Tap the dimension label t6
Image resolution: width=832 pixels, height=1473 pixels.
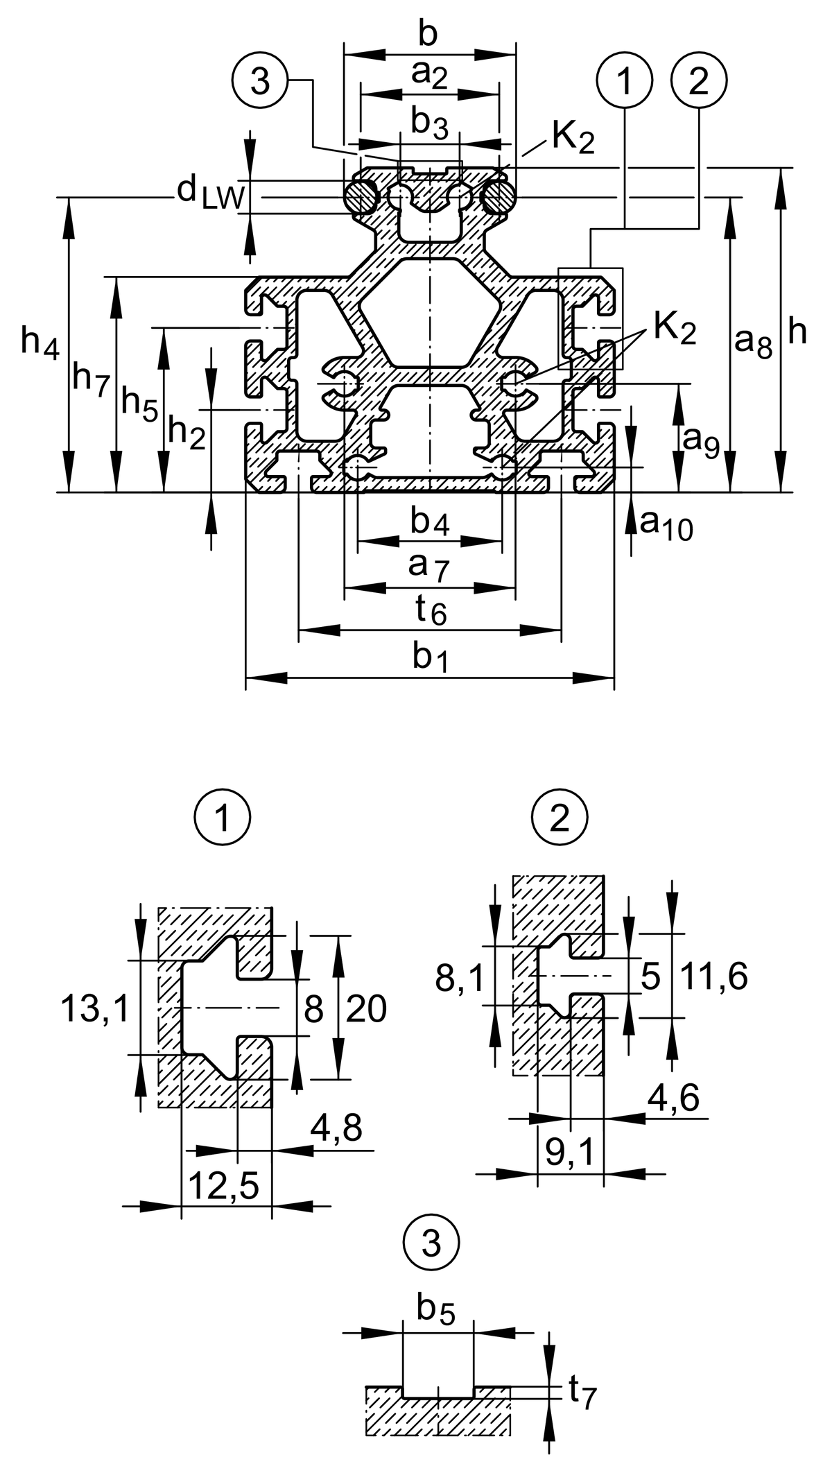point(431,610)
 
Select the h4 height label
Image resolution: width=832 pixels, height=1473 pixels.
point(39,341)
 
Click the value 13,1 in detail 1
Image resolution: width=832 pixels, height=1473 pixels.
point(96,1008)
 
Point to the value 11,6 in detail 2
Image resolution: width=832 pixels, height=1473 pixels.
point(713,977)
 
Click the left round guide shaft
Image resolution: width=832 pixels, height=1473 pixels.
point(361,196)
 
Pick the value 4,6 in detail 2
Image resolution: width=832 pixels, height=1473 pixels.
point(673,1098)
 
